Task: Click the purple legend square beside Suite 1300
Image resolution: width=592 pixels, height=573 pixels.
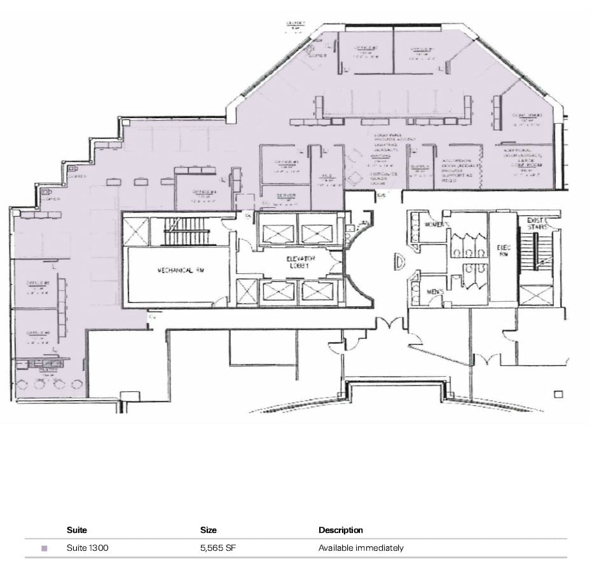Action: tap(44, 548)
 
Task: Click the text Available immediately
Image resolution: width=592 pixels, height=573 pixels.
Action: tap(361, 548)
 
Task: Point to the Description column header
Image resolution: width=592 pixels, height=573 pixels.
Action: tap(341, 530)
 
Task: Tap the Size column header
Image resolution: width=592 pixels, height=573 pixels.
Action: tap(208, 530)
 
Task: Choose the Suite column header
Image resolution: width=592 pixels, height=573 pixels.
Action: tap(76, 530)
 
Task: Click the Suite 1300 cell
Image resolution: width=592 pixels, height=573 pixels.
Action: tap(87, 548)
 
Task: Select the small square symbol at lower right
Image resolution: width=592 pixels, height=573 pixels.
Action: tap(558, 394)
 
